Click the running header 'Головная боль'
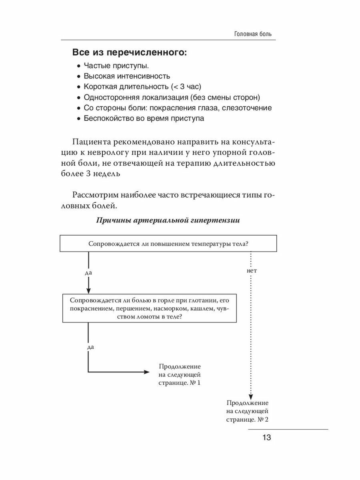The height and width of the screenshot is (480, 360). (253, 34)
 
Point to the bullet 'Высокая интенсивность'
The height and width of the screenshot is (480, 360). (127, 76)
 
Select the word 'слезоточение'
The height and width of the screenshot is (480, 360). (247, 108)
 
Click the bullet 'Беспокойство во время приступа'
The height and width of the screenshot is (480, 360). (144, 118)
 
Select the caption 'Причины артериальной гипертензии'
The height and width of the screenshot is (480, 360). (168, 220)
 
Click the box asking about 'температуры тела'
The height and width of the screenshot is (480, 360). (168, 244)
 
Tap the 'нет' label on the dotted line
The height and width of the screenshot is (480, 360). (252, 271)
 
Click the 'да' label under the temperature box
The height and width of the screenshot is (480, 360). (88, 272)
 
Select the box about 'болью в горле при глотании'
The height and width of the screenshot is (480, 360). (149, 308)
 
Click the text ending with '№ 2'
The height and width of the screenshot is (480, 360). (247, 420)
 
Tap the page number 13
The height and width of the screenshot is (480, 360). (267, 438)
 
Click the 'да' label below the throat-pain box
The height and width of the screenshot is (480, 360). (90, 347)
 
